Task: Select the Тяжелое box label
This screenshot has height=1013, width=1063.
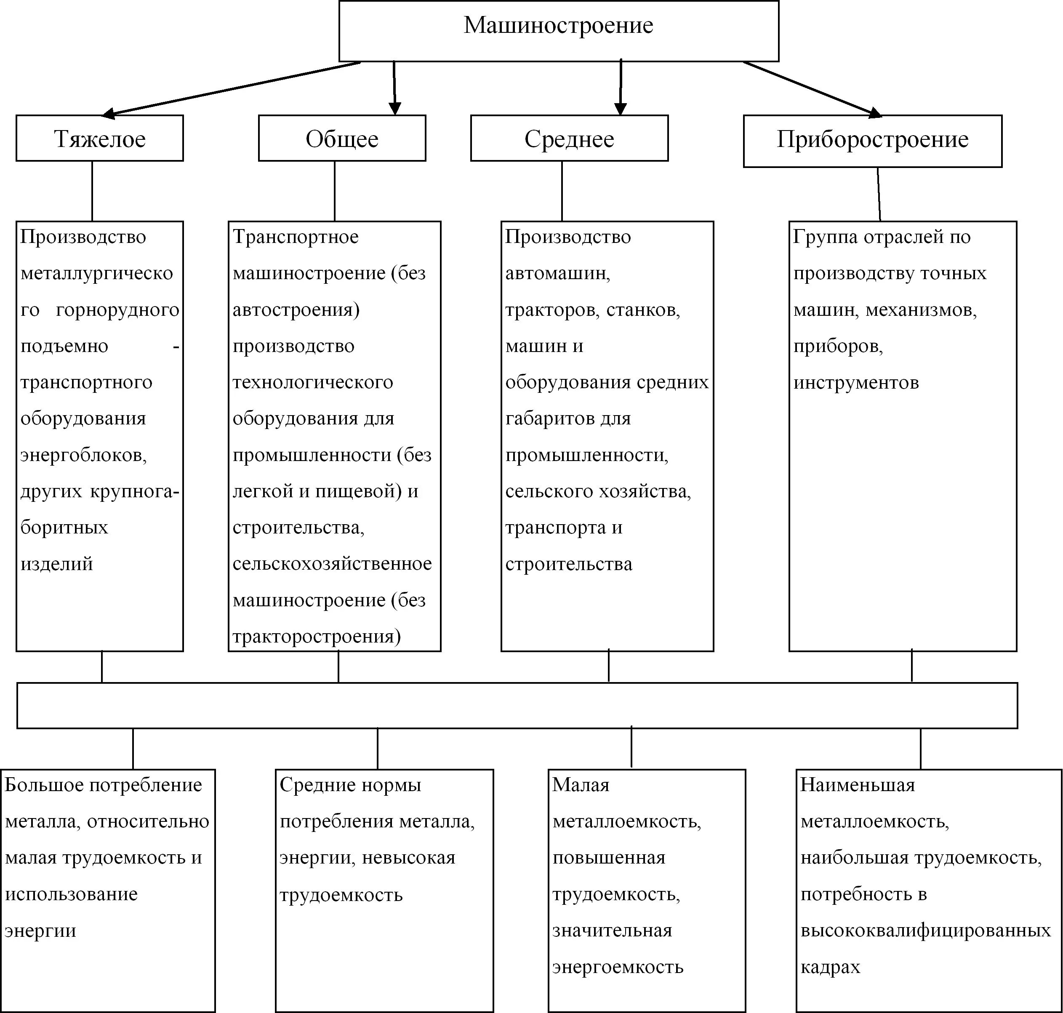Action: coord(100,139)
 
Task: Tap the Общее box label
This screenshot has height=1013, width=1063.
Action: coord(342,139)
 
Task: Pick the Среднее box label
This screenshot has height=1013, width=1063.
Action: coord(569,139)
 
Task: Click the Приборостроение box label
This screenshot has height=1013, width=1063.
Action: coord(872,139)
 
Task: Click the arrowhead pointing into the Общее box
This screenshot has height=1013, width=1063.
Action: coord(395,108)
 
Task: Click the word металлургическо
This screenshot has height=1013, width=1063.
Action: coord(97,273)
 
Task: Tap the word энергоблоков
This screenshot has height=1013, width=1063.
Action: coord(84,455)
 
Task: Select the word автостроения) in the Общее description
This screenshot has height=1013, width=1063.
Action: coord(296,310)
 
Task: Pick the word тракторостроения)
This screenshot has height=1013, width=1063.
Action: coord(316,637)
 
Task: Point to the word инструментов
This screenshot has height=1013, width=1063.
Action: coord(856,382)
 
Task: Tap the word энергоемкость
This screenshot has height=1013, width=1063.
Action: coord(618,967)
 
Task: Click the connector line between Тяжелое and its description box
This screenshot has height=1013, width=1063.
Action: coord(92,191)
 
